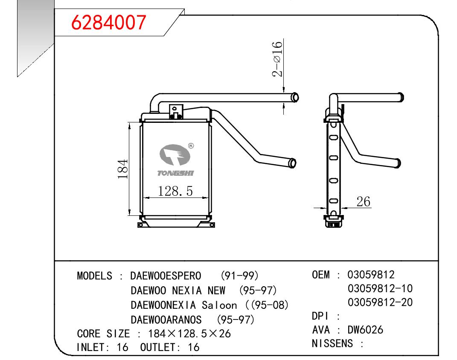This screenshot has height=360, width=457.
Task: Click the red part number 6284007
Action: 108,23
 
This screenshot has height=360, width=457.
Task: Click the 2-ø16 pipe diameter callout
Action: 277,59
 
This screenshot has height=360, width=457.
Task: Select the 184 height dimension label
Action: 123,169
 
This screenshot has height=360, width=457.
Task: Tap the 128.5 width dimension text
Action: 175,191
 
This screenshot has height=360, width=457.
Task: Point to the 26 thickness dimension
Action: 363,202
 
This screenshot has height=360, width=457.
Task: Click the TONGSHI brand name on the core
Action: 175,173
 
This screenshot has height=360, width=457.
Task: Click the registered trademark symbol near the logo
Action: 191,146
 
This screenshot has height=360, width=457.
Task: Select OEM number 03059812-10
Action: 380,289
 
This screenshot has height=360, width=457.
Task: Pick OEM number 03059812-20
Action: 380,302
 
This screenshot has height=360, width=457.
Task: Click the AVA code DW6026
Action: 365,330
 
